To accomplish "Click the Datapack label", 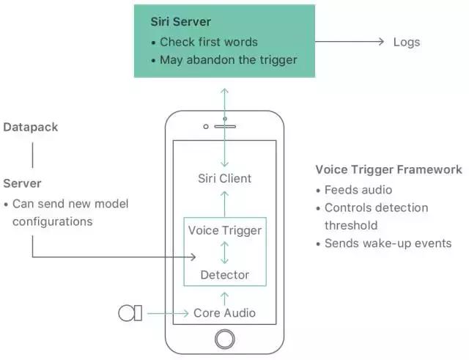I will pyautogui.click(x=30, y=128).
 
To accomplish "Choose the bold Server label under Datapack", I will pyautogui.click(x=23, y=183).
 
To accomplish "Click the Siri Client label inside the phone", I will pyautogui.click(x=225, y=178).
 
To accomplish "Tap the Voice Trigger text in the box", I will pyautogui.click(x=225, y=231).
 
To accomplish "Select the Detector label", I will pyautogui.click(x=225, y=275).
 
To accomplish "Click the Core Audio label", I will pyautogui.click(x=225, y=313).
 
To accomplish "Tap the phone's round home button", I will pyautogui.click(x=225, y=339).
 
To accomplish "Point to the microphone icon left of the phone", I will pyautogui.click(x=130, y=313).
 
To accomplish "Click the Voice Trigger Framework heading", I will pyautogui.click(x=388, y=170).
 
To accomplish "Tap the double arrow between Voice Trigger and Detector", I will pyautogui.click(x=225, y=253).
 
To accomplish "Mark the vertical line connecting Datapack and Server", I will pyautogui.click(x=32, y=155).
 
